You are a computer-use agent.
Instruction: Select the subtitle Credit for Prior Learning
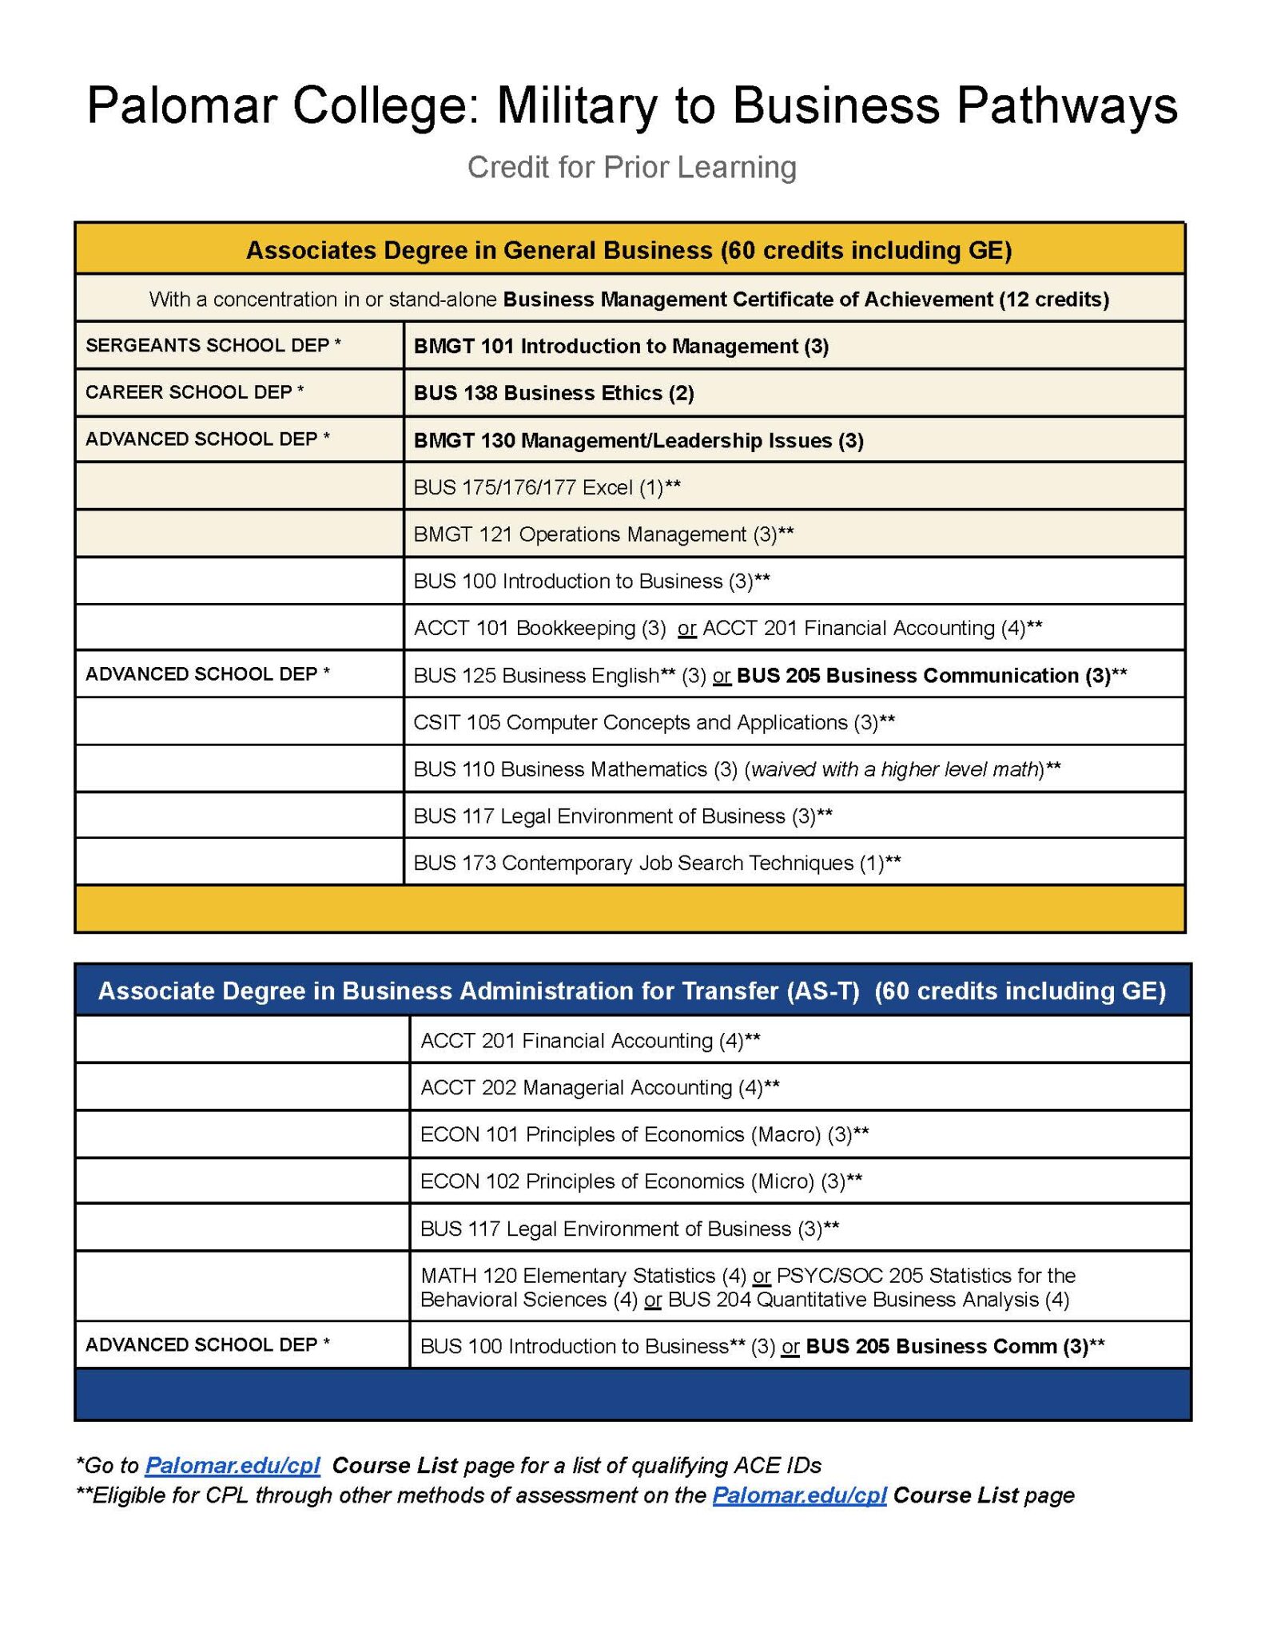[631, 168]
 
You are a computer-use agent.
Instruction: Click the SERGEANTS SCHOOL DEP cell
[213, 345]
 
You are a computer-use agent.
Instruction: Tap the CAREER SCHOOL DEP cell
[195, 392]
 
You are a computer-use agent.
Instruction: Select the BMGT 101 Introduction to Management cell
[621, 346]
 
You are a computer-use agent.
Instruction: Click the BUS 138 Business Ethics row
[554, 393]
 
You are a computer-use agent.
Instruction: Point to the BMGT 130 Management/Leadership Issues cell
[638, 440]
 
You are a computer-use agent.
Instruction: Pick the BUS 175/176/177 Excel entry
[547, 487]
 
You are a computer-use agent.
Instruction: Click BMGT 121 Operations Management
[603, 534]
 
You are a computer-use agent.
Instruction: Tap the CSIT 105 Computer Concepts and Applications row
[654, 722]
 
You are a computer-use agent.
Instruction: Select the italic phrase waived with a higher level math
[894, 769]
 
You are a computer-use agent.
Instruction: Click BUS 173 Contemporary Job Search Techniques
[657, 863]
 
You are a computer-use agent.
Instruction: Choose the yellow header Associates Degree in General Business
[629, 251]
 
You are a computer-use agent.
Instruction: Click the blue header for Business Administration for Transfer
[631, 991]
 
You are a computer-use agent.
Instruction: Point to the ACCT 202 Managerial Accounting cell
[599, 1087]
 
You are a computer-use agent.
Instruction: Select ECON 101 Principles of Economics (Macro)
[644, 1134]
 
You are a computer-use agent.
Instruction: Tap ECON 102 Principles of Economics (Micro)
[641, 1181]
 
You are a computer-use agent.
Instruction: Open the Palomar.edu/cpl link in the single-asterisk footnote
[233, 1466]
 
